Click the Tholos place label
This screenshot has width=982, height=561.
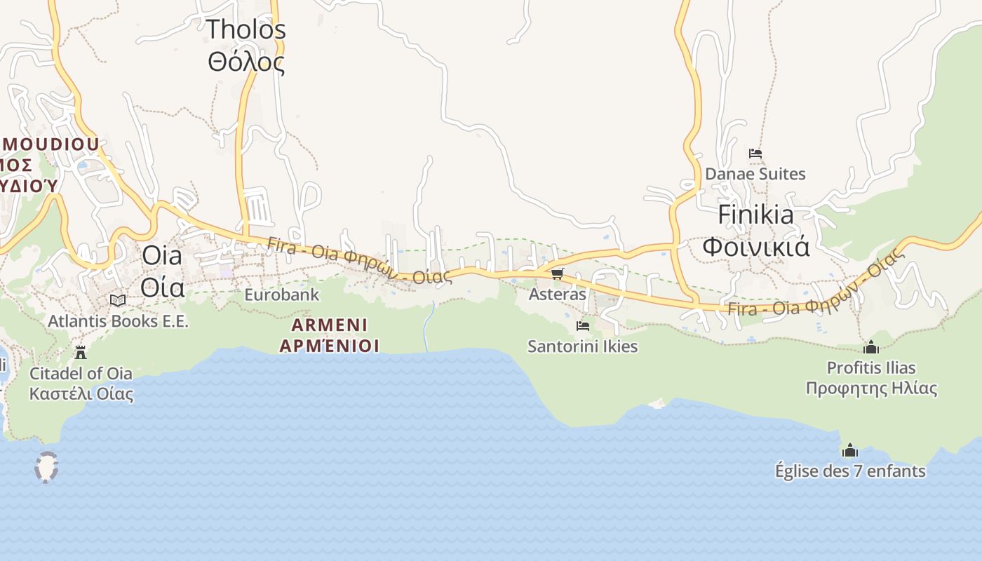[245, 29]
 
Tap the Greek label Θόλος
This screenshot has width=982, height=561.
[245, 62]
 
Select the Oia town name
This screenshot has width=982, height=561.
[162, 256]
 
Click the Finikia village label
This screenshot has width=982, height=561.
[755, 215]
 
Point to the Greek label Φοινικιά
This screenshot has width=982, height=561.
[755, 247]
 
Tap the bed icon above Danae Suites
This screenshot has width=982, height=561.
[755, 153]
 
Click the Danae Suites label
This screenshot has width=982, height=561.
[755, 174]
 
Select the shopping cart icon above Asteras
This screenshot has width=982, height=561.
[557, 273]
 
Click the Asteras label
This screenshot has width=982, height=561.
[557, 295]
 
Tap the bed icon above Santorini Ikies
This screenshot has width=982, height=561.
[582, 325]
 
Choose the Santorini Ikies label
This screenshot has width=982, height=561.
[582, 346]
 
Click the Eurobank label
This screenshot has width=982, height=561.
[281, 295]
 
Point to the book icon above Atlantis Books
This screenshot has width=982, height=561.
[118, 300]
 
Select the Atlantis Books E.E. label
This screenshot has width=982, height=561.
[118, 321]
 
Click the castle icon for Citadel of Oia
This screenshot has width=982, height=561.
[81, 351]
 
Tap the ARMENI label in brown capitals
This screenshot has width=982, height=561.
[329, 325]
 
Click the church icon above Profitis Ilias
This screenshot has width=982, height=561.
[871, 346]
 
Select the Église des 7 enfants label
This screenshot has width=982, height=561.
[850, 471]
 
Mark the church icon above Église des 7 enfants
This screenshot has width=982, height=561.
[850, 450]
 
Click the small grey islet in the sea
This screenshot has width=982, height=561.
[46, 467]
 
